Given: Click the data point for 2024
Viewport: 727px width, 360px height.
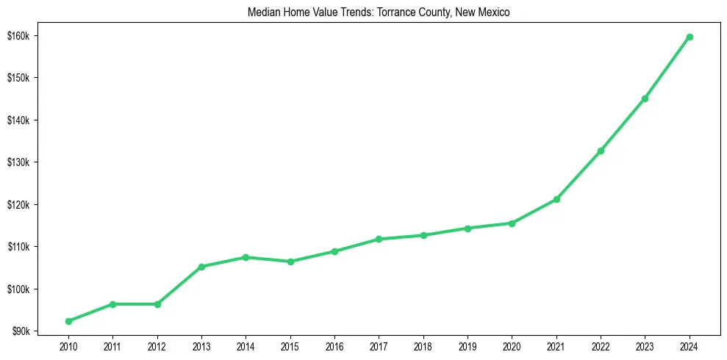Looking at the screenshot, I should pos(690,37).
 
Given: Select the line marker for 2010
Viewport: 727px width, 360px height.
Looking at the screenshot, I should pos(68,321).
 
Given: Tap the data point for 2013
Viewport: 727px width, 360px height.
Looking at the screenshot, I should pos(201,267).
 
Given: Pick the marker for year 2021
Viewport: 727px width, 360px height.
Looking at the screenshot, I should pos(556,199).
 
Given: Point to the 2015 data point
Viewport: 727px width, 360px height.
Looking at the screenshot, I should pos(290,262).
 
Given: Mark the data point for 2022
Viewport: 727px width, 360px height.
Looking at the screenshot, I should pos(601,151).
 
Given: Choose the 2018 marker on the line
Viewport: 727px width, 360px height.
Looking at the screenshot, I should pos(423,235).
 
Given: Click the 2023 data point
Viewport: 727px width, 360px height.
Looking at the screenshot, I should pos(645,98).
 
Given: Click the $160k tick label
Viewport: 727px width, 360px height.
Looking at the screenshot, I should pos(28,36).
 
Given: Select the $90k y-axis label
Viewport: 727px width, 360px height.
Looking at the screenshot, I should pos(30,331).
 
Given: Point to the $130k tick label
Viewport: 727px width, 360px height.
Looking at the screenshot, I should pos(28,162).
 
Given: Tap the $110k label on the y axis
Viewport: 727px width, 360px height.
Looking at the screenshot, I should pos(28,247).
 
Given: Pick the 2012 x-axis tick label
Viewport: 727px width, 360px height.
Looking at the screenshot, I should pos(157,345).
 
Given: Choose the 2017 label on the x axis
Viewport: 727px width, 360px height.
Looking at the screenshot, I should pos(379,345).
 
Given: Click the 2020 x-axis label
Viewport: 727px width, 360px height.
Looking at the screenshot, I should pos(512,345).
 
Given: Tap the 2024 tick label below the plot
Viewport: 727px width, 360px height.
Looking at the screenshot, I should pos(690,345).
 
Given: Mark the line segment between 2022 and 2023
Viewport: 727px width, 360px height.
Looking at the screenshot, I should pos(623,125).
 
